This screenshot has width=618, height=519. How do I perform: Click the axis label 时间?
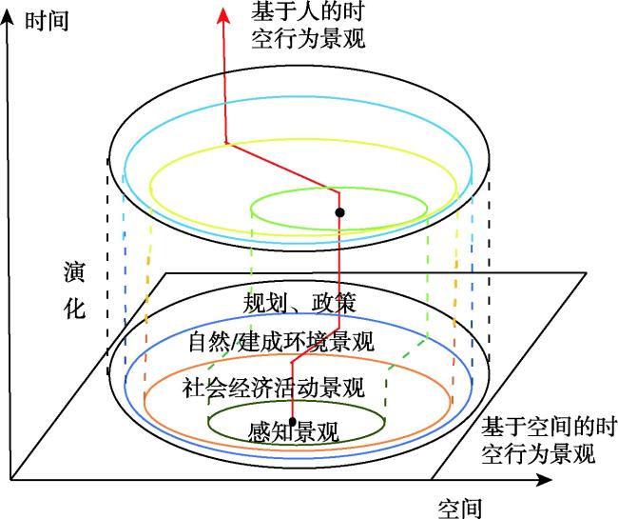[x=47, y=21]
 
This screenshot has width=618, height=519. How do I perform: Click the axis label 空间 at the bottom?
[x=460, y=509]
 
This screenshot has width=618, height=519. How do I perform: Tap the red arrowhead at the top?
[x=223, y=16]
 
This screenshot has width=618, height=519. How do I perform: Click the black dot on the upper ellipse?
[x=339, y=212]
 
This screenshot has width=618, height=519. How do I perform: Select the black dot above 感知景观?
[x=292, y=421]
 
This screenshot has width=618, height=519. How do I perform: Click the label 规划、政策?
[x=299, y=303]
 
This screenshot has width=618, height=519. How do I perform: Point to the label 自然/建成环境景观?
[x=281, y=341]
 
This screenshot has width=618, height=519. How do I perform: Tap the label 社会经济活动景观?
[x=273, y=388]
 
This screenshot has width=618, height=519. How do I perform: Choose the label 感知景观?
[x=294, y=431]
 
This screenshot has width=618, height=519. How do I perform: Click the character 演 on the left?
[x=74, y=272]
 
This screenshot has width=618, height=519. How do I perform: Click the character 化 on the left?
[x=74, y=308]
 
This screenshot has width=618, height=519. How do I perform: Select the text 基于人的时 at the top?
[x=308, y=10]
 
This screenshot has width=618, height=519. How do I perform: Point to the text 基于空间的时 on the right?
[x=549, y=427]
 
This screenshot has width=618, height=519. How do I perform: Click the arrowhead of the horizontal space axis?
[x=545, y=480]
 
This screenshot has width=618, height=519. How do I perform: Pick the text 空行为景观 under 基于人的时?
[x=308, y=39]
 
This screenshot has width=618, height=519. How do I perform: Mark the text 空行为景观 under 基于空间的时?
[x=537, y=454]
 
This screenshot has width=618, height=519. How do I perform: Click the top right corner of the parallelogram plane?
[x=587, y=272]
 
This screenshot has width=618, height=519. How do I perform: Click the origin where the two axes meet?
[x=10, y=480]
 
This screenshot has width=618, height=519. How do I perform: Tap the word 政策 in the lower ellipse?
[x=335, y=303]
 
